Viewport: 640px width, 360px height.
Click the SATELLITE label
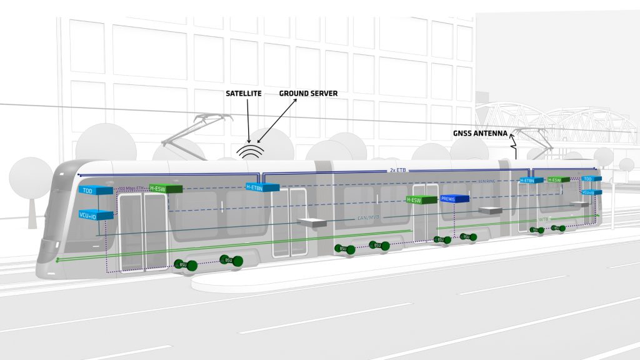tap(247, 94)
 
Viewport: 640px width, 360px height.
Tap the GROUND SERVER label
tap(308, 94)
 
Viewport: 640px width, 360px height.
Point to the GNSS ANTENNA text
tap(479, 133)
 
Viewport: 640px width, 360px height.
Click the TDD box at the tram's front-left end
tap(96, 190)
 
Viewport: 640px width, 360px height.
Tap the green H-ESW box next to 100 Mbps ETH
tap(166, 188)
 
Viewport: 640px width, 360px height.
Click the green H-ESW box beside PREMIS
tap(421, 200)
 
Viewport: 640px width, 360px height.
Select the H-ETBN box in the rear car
tap(530, 180)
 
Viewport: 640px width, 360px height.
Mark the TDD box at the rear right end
tap(587, 179)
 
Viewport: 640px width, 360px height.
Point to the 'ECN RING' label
tap(486, 181)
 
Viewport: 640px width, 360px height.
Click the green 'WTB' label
tap(544, 220)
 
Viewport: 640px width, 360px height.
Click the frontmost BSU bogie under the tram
tap(183, 264)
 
